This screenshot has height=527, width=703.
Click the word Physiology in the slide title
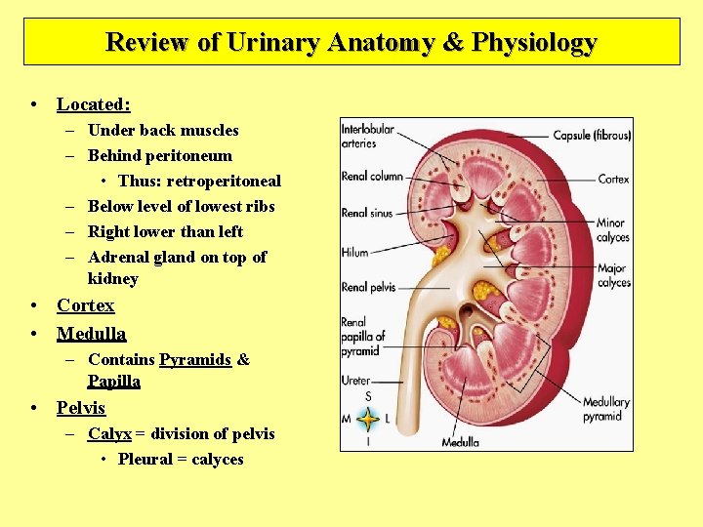(534, 43)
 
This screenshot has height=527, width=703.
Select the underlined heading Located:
(94, 103)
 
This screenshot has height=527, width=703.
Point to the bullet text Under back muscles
(163, 130)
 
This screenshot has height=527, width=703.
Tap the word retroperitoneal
(224, 181)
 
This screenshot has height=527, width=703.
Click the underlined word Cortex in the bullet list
(85, 305)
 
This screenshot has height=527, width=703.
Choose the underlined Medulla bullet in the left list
(91, 334)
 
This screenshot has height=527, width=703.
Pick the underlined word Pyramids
(195, 359)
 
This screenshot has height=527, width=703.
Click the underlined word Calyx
(109, 433)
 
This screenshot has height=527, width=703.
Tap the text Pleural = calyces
(181, 459)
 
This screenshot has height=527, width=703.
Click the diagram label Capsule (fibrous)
(592, 136)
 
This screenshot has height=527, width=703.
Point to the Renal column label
(372, 177)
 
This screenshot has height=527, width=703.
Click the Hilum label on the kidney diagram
(354, 253)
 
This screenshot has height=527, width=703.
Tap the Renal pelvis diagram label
(368, 287)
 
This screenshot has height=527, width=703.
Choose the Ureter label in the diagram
(355, 381)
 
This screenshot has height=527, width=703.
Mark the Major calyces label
(613, 276)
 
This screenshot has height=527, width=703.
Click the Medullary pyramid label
(605, 409)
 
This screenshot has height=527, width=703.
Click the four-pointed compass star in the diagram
(368, 420)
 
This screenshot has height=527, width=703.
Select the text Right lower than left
(165, 231)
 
